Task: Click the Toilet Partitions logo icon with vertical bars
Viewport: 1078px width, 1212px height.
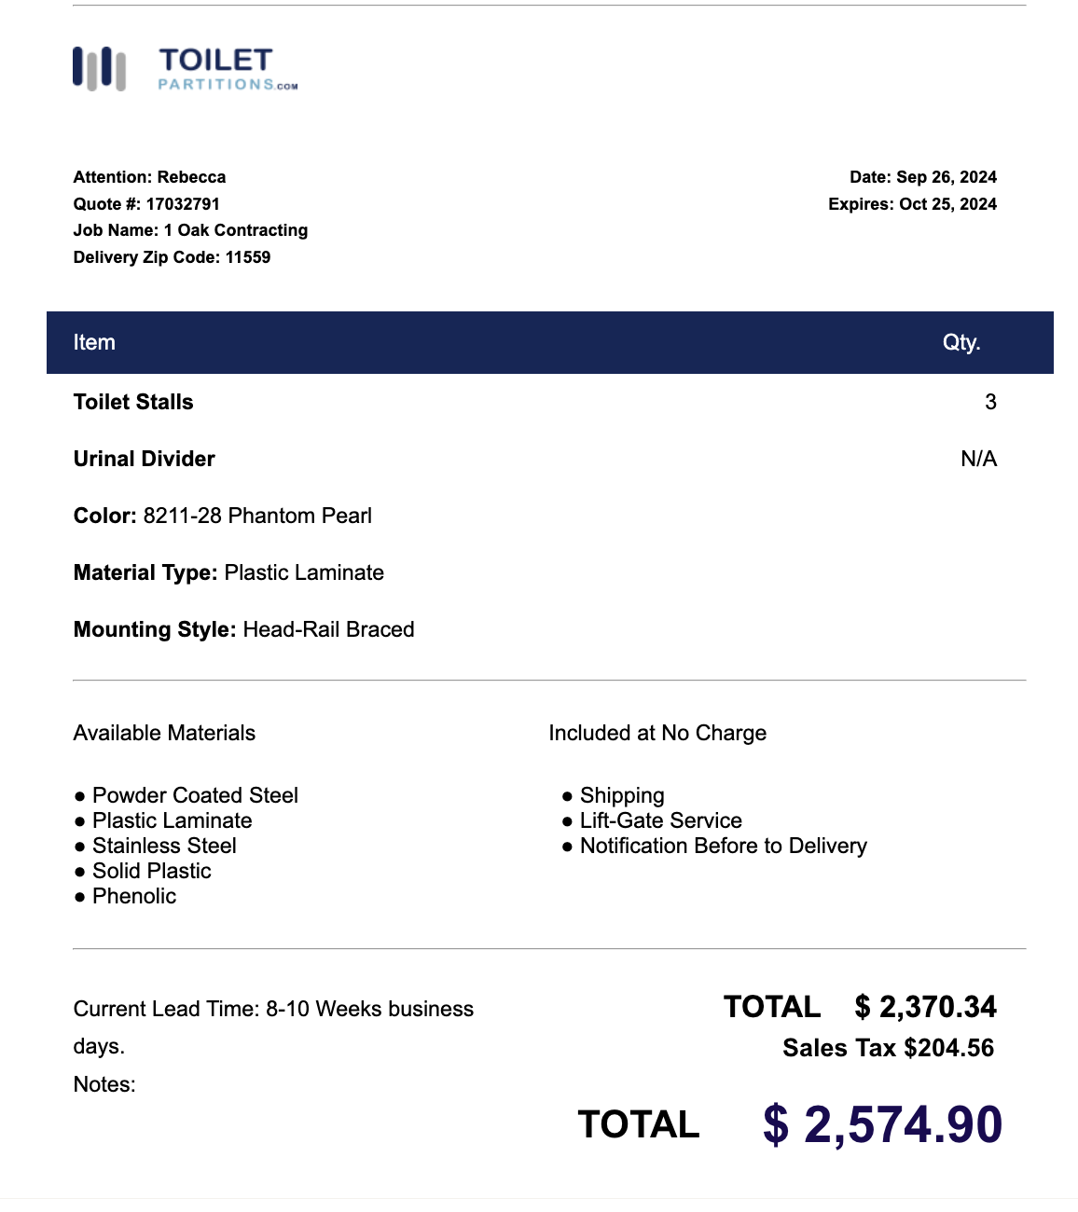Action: [x=99, y=69]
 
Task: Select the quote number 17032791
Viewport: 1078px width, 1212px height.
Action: [x=182, y=204]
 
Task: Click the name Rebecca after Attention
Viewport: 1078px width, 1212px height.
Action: [x=191, y=177]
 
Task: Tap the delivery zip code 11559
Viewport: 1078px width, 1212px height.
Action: [x=248, y=257]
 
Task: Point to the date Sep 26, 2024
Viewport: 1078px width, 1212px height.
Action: [x=946, y=177]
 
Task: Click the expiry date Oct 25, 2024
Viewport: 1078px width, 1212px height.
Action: [x=947, y=204]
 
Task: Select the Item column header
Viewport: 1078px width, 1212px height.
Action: [x=94, y=342]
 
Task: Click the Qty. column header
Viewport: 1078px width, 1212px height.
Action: [x=961, y=342]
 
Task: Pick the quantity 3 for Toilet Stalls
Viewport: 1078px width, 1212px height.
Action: [x=990, y=402]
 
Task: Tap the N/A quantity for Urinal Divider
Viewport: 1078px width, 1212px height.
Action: [x=978, y=459]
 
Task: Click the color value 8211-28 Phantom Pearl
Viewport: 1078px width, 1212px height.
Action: [x=257, y=516]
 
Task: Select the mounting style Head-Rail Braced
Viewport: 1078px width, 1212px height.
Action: [x=328, y=629]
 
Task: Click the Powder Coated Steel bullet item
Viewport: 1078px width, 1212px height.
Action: [x=195, y=795]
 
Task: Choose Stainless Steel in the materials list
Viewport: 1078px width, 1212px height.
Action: [x=164, y=846]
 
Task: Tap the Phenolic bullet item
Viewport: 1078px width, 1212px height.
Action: [x=134, y=896]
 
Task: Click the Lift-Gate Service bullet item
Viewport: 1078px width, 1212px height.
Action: [x=660, y=820]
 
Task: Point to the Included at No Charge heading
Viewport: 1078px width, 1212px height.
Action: [x=657, y=733]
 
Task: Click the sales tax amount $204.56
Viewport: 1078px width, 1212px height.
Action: [x=948, y=1048]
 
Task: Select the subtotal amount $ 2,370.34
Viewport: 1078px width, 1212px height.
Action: [x=925, y=1007]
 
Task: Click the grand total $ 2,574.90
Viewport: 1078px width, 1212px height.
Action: [x=882, y=1124]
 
